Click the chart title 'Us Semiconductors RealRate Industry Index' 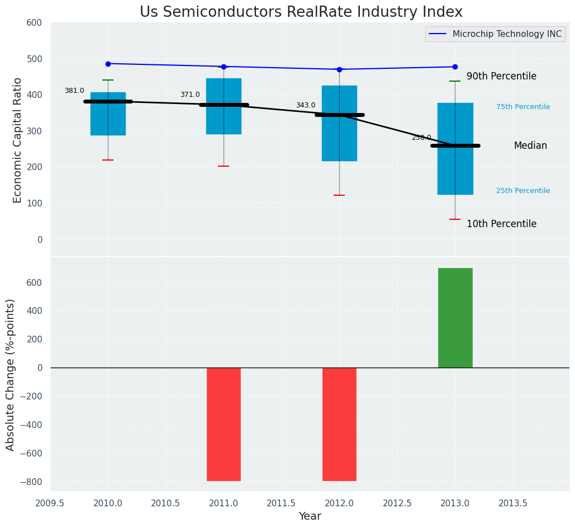(301, 12)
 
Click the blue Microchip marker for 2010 (108, 64)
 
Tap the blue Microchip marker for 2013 (455, 67)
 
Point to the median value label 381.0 (74, 91)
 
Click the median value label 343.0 (306, 105)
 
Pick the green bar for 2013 (455, 318)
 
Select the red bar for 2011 (224, 424)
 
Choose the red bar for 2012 (339, 424)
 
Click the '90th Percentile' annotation (501, 77)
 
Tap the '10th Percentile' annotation (501, 224)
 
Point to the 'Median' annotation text (530, 146)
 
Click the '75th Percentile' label (523, 107)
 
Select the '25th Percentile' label (523, 191)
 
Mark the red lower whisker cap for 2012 (339, 195)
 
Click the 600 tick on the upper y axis (34, 23)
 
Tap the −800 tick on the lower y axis (31, 482)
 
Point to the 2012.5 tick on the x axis (397, 502)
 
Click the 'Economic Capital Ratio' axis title (18, 140)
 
